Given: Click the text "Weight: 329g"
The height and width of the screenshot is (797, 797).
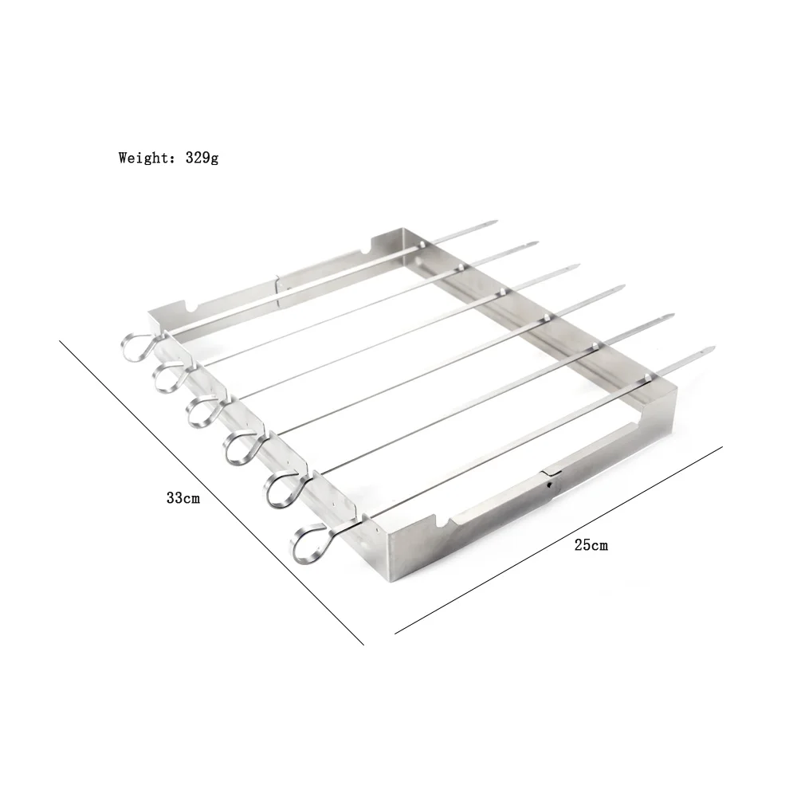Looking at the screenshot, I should pos(168,157).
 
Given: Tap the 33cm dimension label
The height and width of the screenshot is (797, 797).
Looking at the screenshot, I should pos(183,498).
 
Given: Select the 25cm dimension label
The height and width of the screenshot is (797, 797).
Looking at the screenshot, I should pos(591,545).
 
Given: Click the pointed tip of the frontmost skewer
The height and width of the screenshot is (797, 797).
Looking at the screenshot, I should pos(709,351).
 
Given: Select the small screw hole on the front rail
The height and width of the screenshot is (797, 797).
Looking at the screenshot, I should pos(549,483).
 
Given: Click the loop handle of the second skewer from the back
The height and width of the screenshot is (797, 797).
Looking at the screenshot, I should pos(168,375).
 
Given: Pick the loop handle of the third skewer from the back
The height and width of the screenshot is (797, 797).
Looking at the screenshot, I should pos(202,408).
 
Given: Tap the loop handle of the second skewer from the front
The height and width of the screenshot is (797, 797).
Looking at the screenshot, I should pos(280,489).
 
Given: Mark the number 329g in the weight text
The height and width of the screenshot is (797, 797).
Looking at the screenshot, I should pos(202,157).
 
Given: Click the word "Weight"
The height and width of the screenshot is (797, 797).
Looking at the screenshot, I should pos(141,157).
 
